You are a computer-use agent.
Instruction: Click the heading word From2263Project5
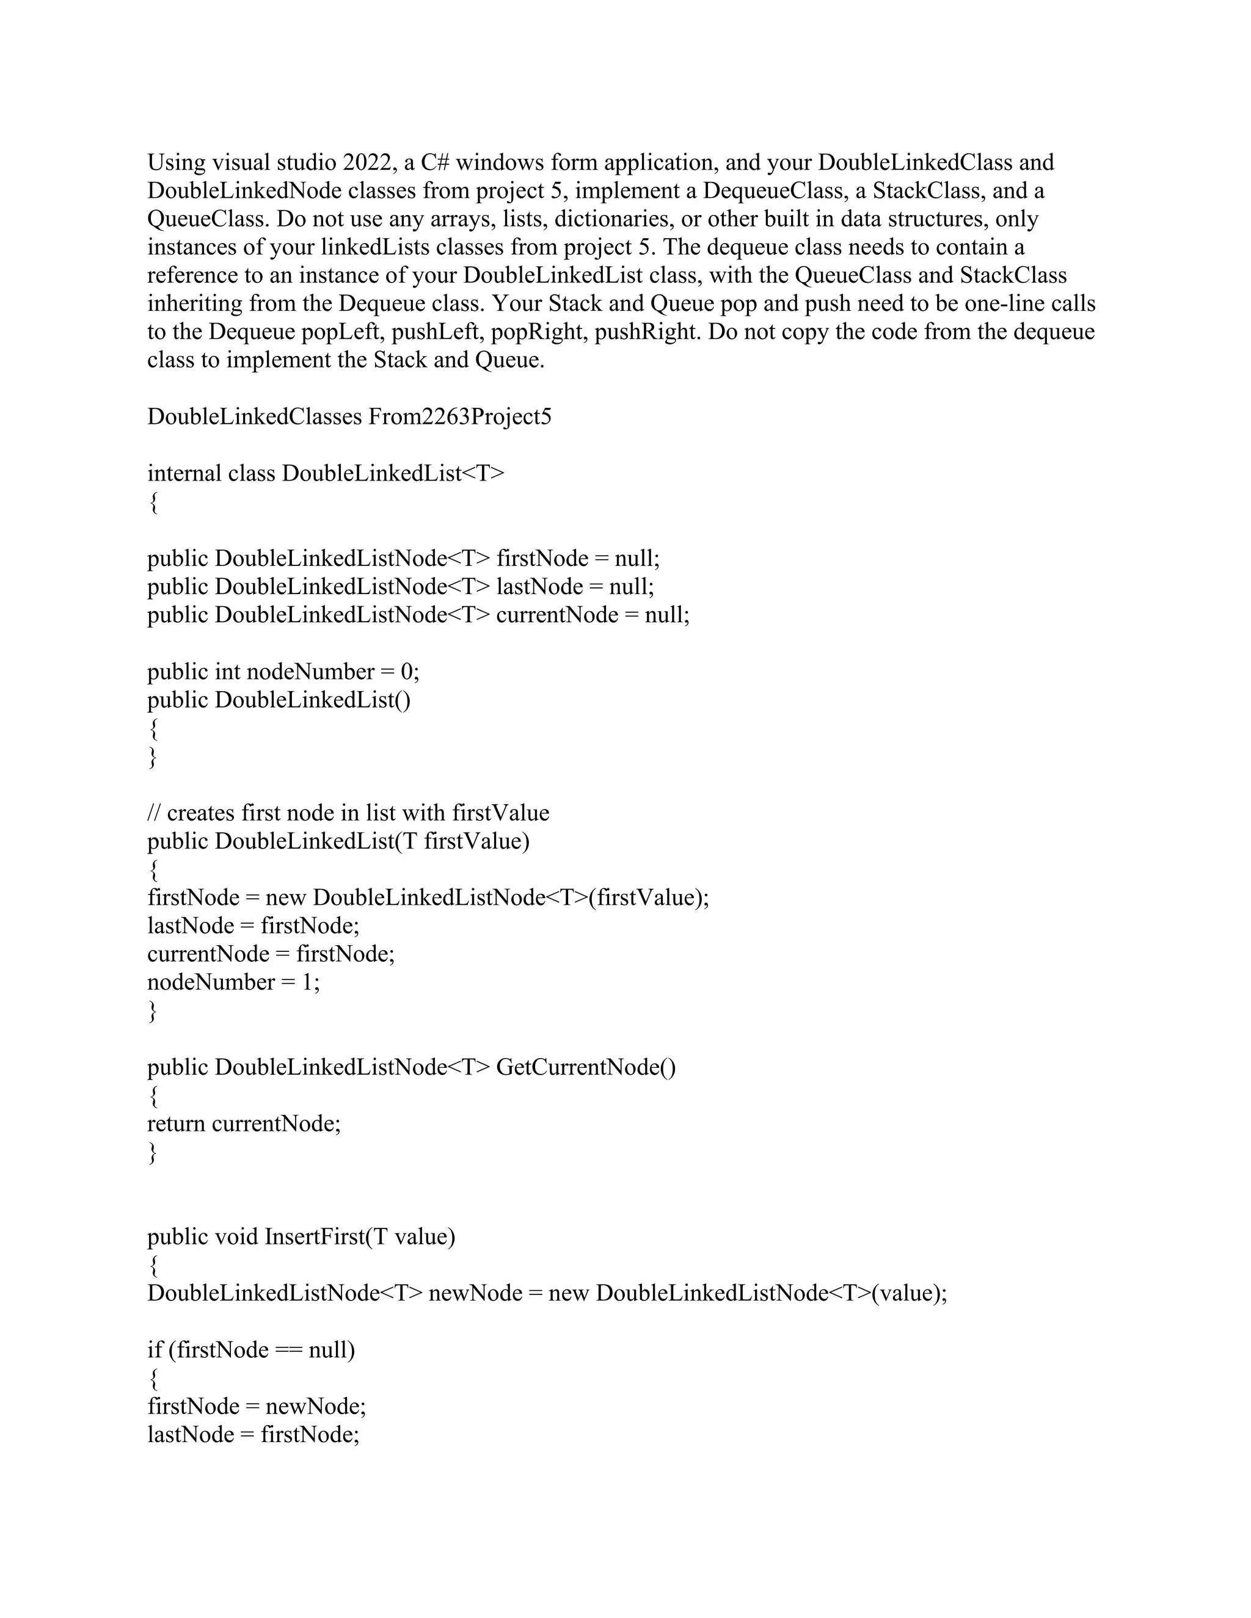(x=459, y=416)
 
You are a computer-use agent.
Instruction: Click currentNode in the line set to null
(x=556, y=614)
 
